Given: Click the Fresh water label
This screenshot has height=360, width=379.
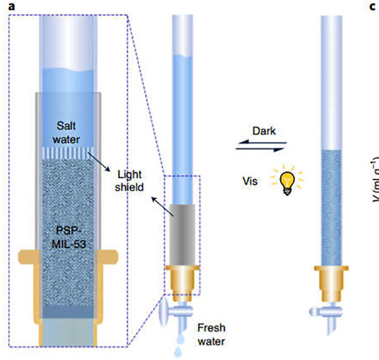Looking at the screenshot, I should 212,334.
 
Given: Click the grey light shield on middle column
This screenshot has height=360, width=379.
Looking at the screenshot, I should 182,233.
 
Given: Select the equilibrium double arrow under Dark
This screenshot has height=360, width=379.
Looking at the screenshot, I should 260,148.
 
